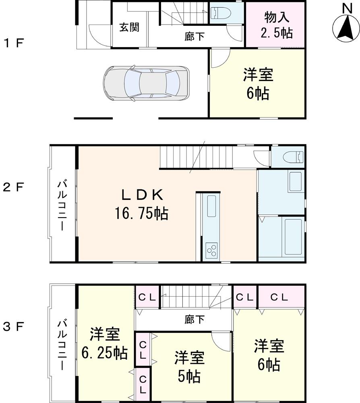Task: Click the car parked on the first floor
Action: [x=146, y=83]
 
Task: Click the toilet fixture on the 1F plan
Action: [x=221, y=14]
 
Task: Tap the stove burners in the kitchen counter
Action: [x=212, y=250]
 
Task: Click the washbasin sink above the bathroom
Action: [x=296, y=182]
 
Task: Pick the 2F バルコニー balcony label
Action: [x=63, y=206]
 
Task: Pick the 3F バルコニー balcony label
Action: [x=63, y=345]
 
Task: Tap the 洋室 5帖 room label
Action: [x=190, y=367]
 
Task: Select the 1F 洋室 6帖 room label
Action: [x=258, y=84]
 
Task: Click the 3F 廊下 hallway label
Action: [x=194, y=320]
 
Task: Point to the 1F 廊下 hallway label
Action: [x=194, y=37]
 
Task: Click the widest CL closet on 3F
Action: [x=279, y=298]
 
